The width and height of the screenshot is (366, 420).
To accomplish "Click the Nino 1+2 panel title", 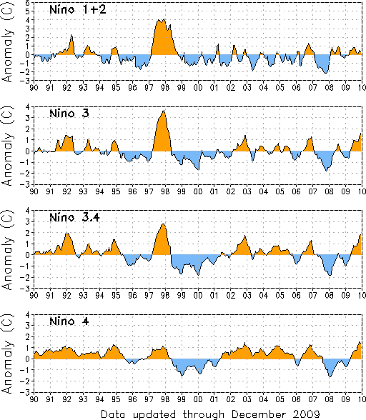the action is point(78,10).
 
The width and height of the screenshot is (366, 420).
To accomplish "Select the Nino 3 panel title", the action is point(69,114).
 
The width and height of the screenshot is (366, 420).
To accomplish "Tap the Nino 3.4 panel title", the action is point(74,217).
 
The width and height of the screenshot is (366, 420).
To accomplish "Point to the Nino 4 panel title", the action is point(69,321).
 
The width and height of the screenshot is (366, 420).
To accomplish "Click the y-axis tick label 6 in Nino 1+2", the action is point(27,3).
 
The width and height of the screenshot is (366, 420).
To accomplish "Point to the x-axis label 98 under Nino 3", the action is point(165,191).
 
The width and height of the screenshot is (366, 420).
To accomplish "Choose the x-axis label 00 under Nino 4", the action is point(198,399).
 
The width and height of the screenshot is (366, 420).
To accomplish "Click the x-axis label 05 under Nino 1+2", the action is point(280,88).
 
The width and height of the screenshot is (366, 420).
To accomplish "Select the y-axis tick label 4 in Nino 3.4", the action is point(27,211).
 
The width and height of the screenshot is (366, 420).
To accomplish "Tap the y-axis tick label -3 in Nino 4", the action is point(26,392).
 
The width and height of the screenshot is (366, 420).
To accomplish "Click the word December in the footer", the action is point(259,414).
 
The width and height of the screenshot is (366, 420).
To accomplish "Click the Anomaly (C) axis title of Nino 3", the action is point(8,146).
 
